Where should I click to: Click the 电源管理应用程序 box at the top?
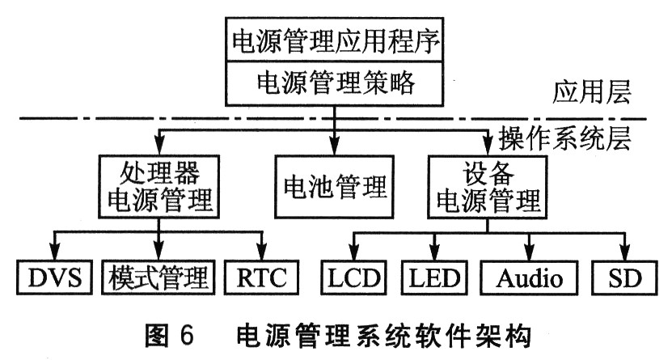[x=336, y=41]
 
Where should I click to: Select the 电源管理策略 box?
[x=336, y=83]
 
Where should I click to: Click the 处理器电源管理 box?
[x=158, y=186]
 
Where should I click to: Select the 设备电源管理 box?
[x=484, y=186]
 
